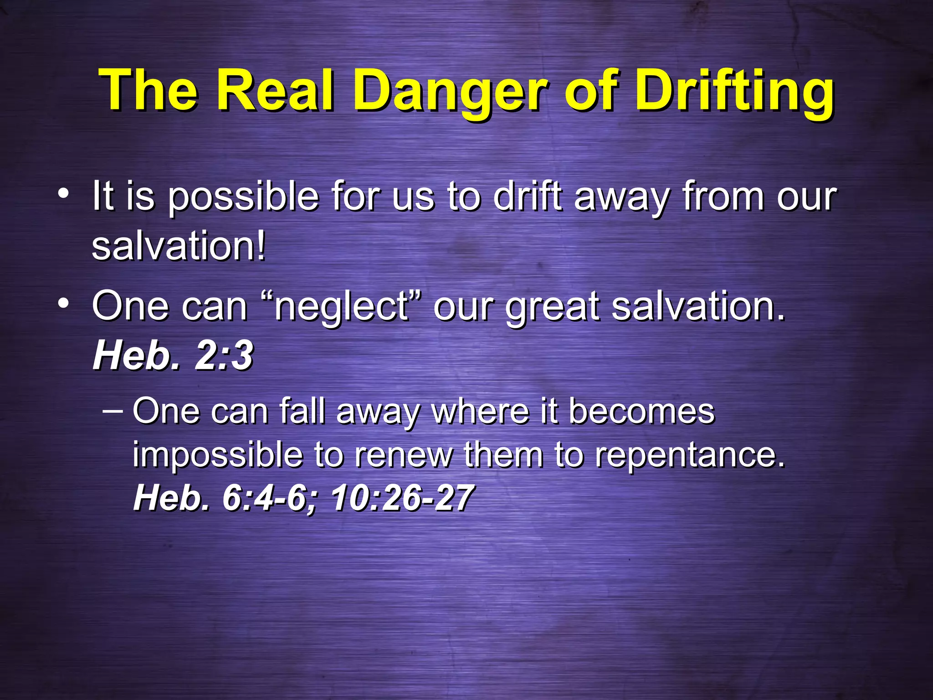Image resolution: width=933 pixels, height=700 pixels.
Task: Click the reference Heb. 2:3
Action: [x=173, y=356]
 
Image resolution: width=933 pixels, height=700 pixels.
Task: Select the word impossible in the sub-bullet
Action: [x=217, y=455]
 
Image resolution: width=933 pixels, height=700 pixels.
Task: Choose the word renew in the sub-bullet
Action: [x=404, y=455]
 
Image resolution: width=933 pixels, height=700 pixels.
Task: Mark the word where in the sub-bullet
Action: [x=480, y=411]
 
